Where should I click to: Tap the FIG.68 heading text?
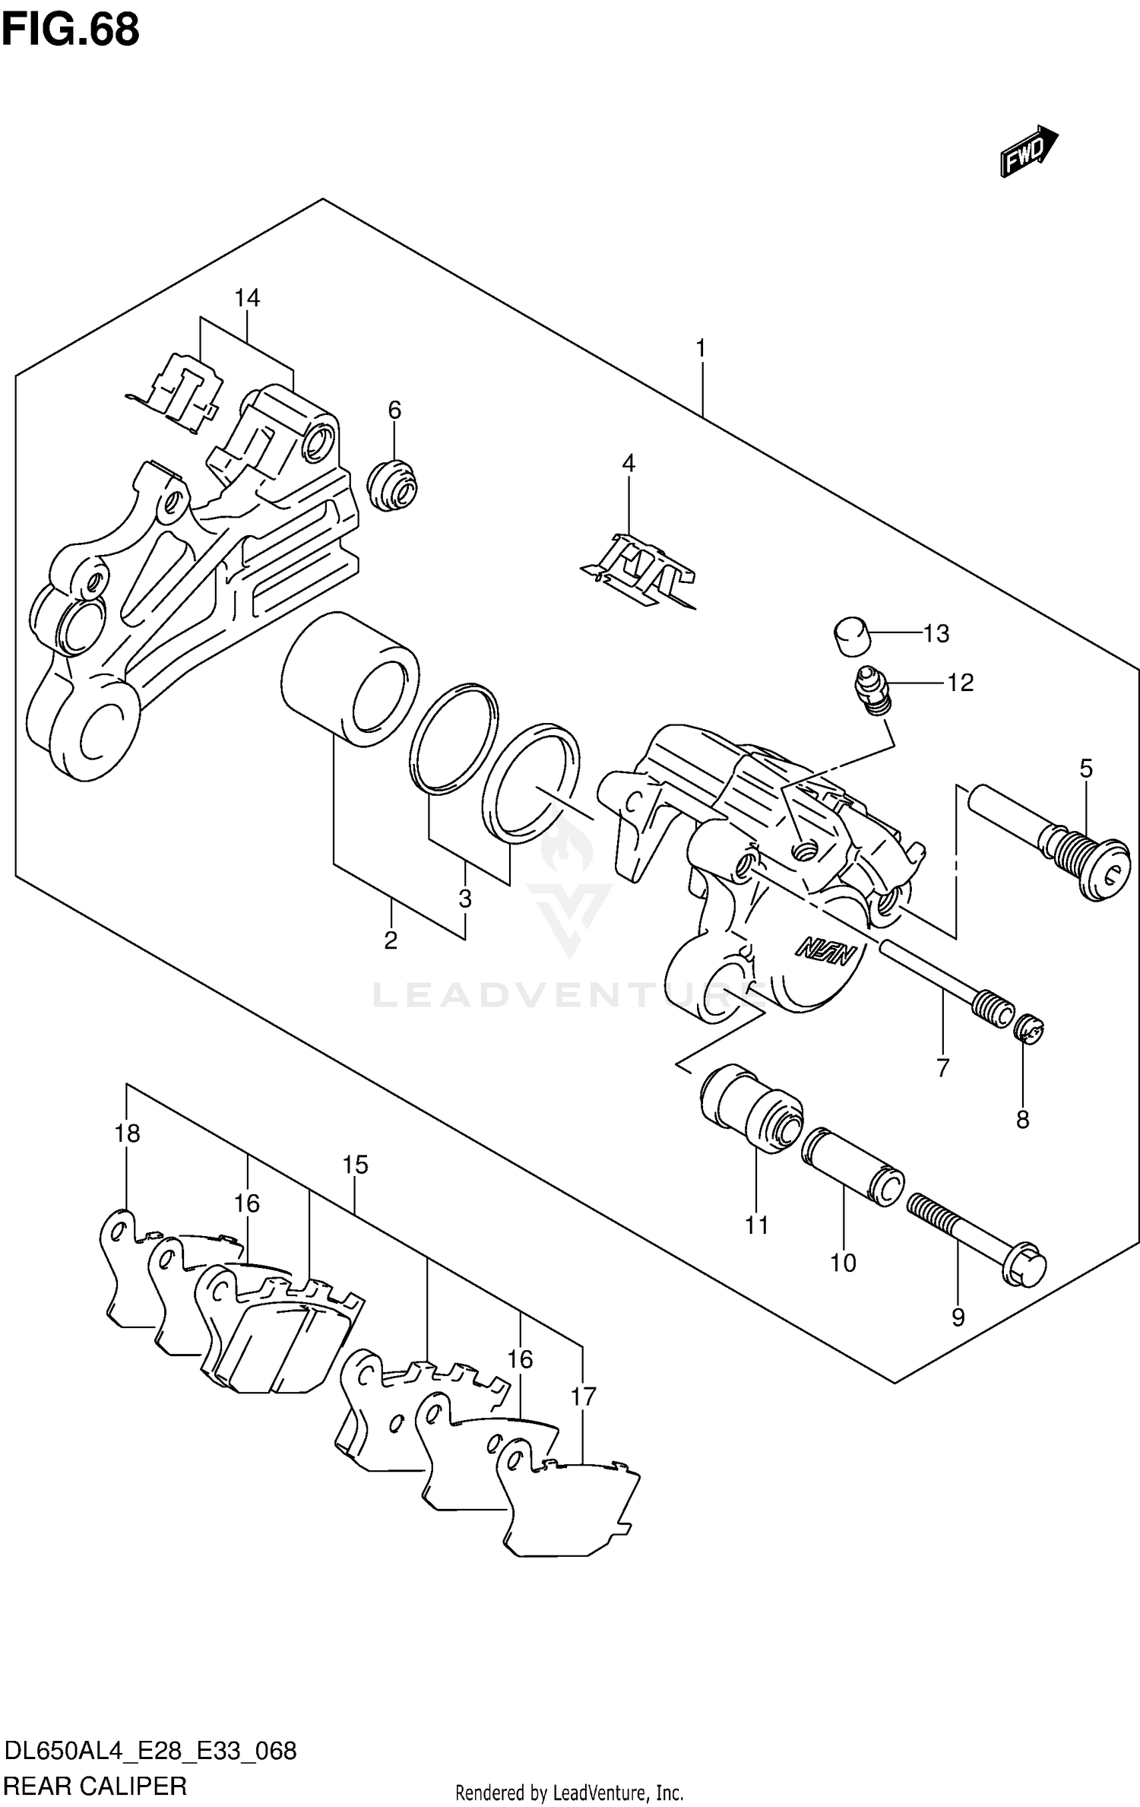pos(70,30)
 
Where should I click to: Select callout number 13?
pos(936,633)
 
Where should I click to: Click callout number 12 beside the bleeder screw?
pos(960,683)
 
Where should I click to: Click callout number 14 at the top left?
pos(247,298)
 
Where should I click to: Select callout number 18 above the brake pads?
pos(128,1133)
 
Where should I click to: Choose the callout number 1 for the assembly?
pos(701,349)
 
